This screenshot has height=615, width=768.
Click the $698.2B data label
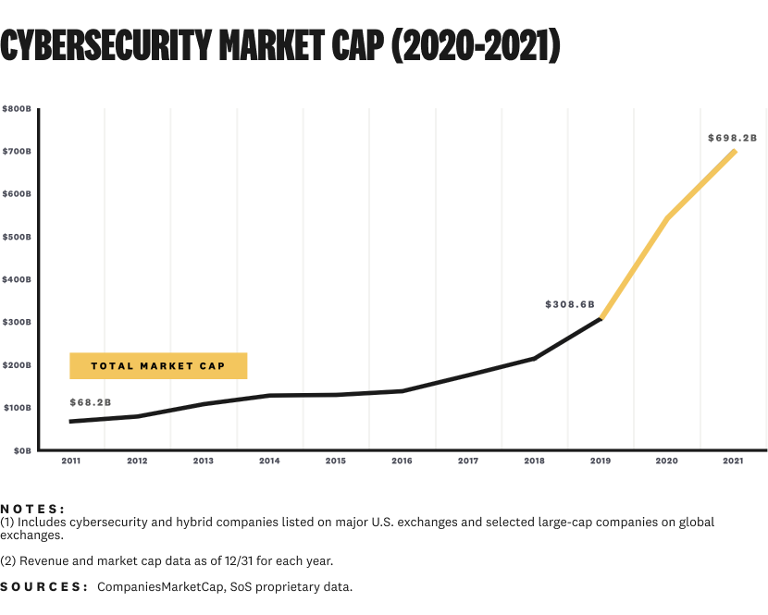point(732,138)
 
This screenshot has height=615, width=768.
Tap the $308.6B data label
point(570,303)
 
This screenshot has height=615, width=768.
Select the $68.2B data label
point(91,402)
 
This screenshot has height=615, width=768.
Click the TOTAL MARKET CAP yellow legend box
point(158,365)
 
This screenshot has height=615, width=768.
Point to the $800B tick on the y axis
point(17,109)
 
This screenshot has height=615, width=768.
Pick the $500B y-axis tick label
point(17,237)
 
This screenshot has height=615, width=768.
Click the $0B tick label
point(20,450)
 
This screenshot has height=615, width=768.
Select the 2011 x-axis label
point(70,461)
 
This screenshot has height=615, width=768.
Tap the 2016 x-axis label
point(402,461)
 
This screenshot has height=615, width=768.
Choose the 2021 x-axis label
point(733,461)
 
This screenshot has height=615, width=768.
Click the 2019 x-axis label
point(601,461)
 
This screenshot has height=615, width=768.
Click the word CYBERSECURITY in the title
point(105,46)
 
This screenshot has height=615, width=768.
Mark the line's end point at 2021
point(735,151)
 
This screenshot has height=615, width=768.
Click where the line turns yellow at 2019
point(601,318)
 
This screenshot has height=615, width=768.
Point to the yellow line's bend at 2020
point(667,218)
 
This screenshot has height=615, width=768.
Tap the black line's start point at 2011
point(70,422)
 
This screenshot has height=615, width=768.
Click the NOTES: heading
point(33,509)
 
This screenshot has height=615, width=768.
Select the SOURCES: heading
point(43,587)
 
